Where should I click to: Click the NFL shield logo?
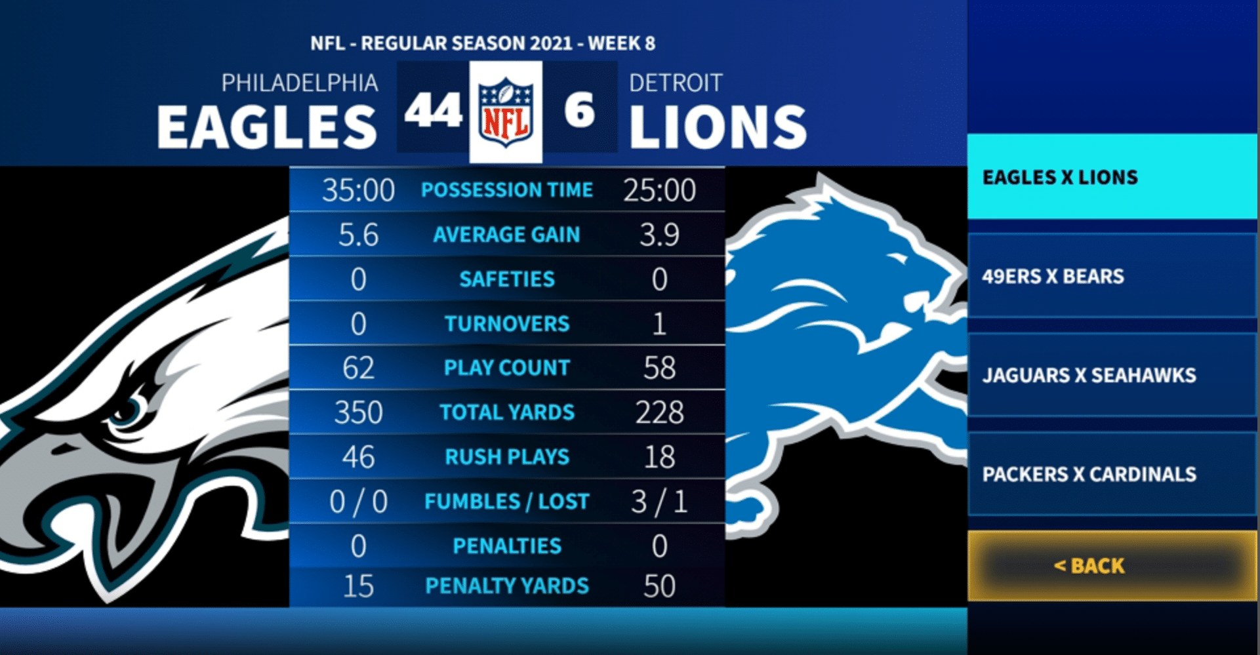click(506, 111)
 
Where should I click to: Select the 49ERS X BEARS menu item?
click(1112, 276)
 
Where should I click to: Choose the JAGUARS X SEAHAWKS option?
click(1112, 375)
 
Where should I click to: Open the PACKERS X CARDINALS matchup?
click(1112, 474)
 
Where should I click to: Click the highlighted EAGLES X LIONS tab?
click(1112, 177)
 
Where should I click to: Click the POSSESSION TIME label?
click(506, 190)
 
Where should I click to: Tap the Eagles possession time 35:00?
click(358, 190)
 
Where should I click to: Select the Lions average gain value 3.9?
click(659, 235)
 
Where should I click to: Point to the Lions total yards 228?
click(659, 412)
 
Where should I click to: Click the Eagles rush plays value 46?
click(358, 457)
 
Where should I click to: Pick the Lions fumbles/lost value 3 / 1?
click(659, 502)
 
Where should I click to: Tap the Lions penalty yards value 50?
click(659, 586)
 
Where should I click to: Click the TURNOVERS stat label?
click(506, 324)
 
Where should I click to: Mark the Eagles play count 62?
click(358, 368)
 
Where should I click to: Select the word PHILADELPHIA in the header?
click(300, 83)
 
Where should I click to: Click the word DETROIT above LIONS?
click(676, 83)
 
